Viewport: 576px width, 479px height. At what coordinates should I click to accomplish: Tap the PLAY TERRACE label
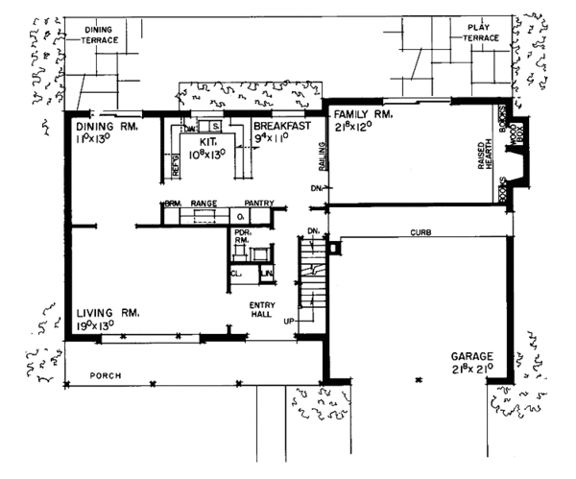(x=479, y=33)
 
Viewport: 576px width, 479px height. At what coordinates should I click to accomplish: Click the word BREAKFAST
(x=282, y=126)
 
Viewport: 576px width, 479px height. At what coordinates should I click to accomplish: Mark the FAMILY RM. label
(x=356, y=114)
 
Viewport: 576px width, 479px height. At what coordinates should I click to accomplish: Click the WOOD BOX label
(x=517, y=130)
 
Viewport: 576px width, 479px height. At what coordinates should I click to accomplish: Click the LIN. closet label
(x=265, y=274)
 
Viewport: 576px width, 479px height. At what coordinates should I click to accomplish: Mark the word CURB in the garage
(x=420, y=233)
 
